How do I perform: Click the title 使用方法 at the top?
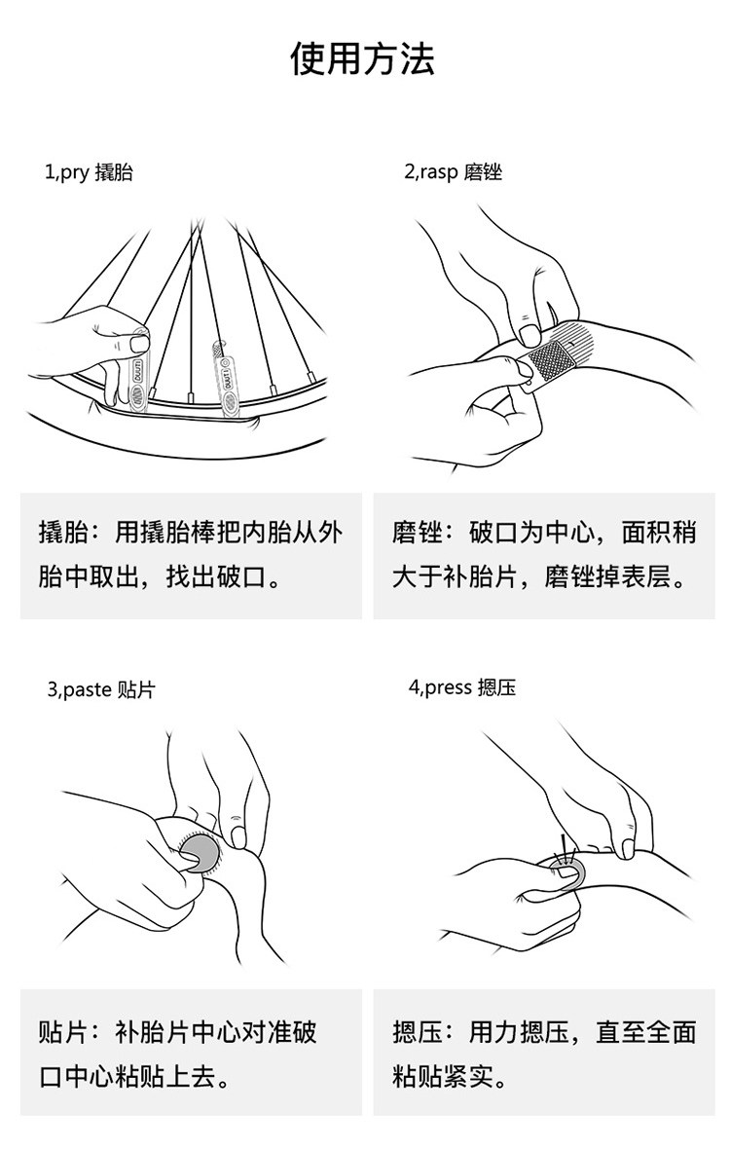point(362,58)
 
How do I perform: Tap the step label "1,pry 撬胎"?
point(89,172)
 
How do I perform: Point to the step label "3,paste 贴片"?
point(101,689)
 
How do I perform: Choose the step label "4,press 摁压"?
point(462,687)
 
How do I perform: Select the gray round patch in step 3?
point(200,853)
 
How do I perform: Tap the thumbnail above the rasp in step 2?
point(529,336)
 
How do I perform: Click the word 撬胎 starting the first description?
point(63,533)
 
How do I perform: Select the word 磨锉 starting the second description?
point(417,533)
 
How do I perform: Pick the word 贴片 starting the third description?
point(63,1032)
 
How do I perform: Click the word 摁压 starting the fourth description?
point(417,1032)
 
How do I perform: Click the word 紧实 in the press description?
point(468,1076)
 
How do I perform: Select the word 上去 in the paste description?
point(192,1076)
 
